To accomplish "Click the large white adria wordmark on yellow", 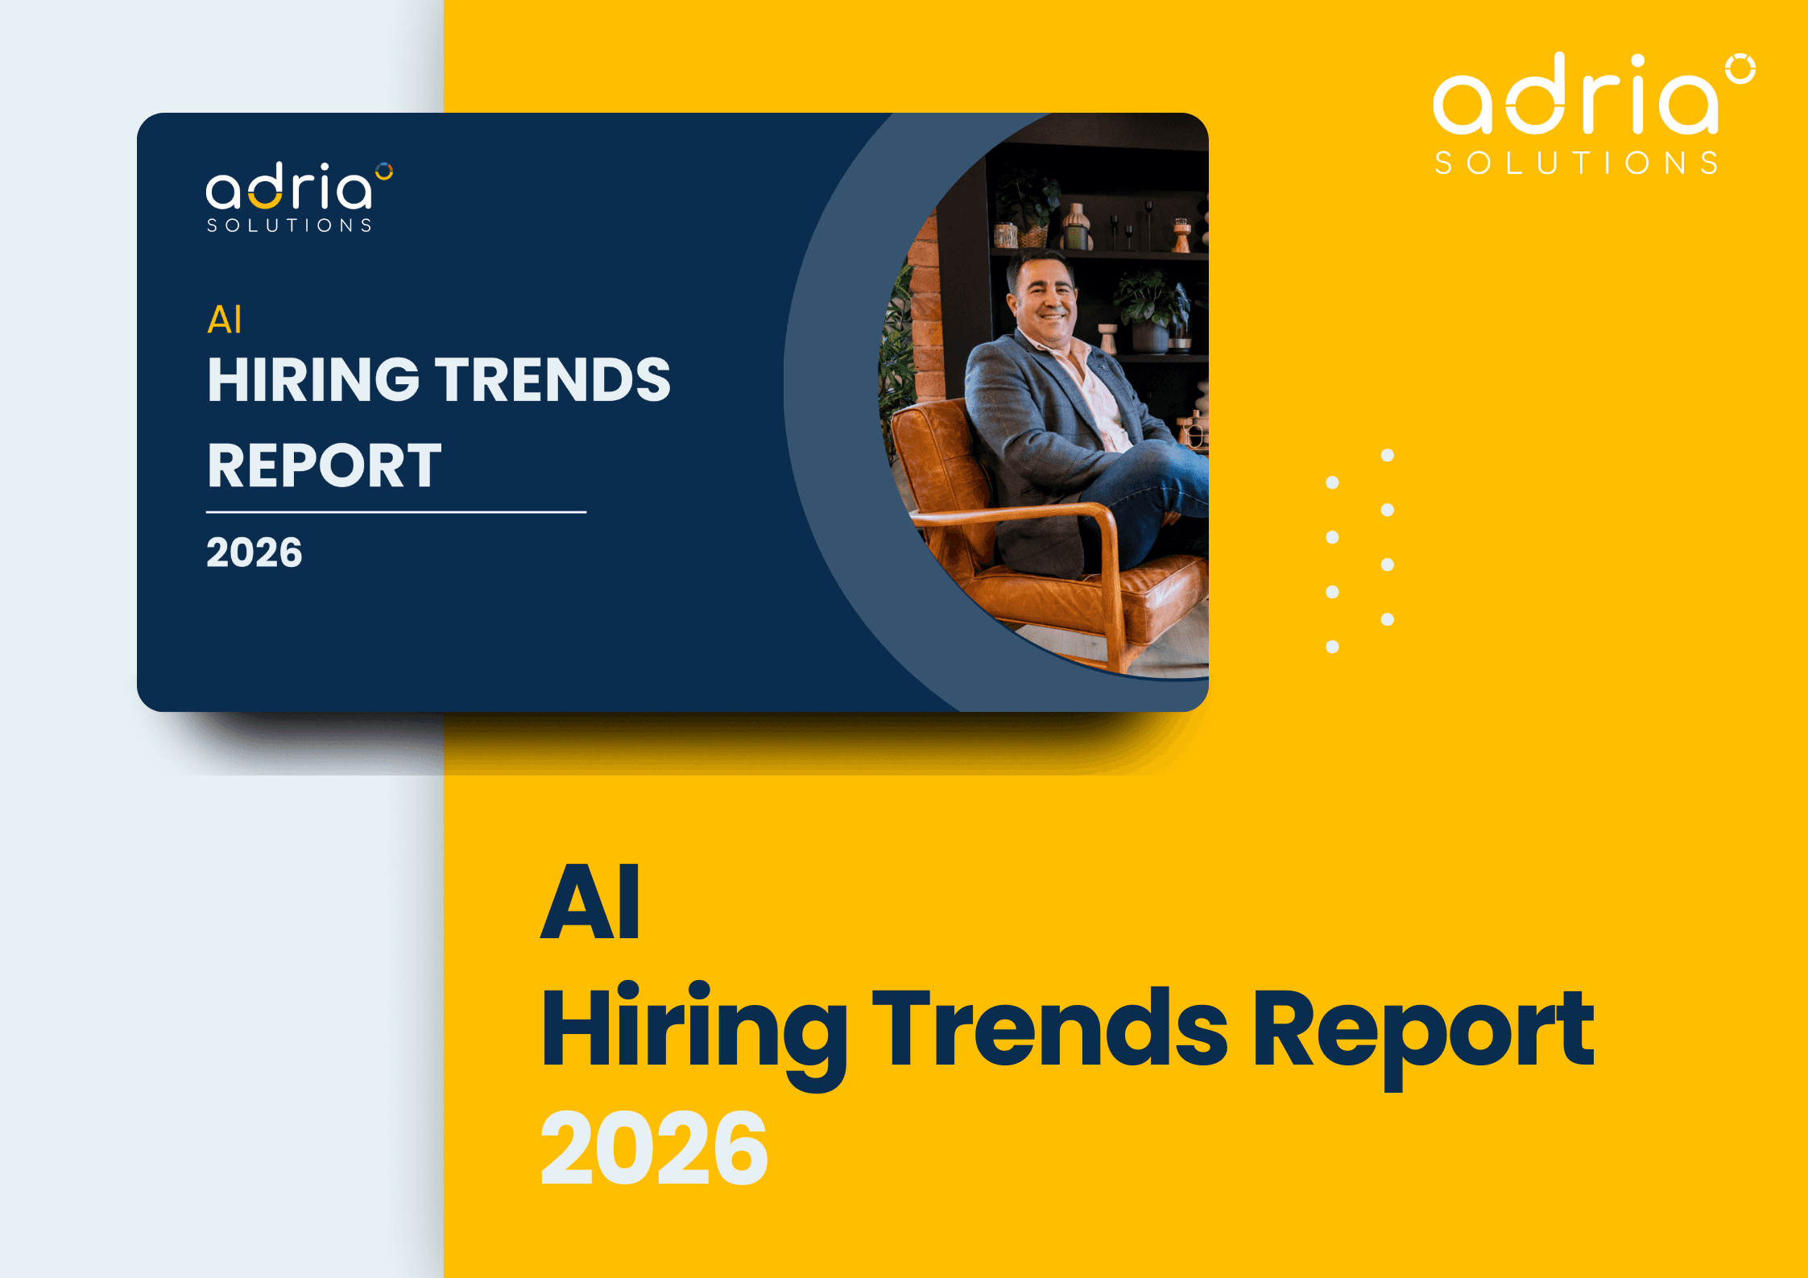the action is (1575, 93).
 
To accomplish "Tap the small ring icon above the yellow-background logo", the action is (1740, 69).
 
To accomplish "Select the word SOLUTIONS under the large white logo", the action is (1577, 163).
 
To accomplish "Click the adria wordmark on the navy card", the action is (289, 186).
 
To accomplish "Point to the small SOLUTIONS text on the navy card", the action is (289, 225).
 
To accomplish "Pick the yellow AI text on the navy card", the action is (225, 320).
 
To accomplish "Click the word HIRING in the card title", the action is (313, 379).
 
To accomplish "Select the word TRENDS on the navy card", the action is (553, 379).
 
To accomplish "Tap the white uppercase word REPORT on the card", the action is (325, 465).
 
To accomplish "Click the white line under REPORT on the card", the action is (396, 511).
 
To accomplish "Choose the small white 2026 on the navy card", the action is (254, 552).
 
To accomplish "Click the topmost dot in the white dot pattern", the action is (1388, 455).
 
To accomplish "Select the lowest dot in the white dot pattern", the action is (1332, 647).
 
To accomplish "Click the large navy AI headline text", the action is (590, 901).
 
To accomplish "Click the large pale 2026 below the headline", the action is (654, 1147).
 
